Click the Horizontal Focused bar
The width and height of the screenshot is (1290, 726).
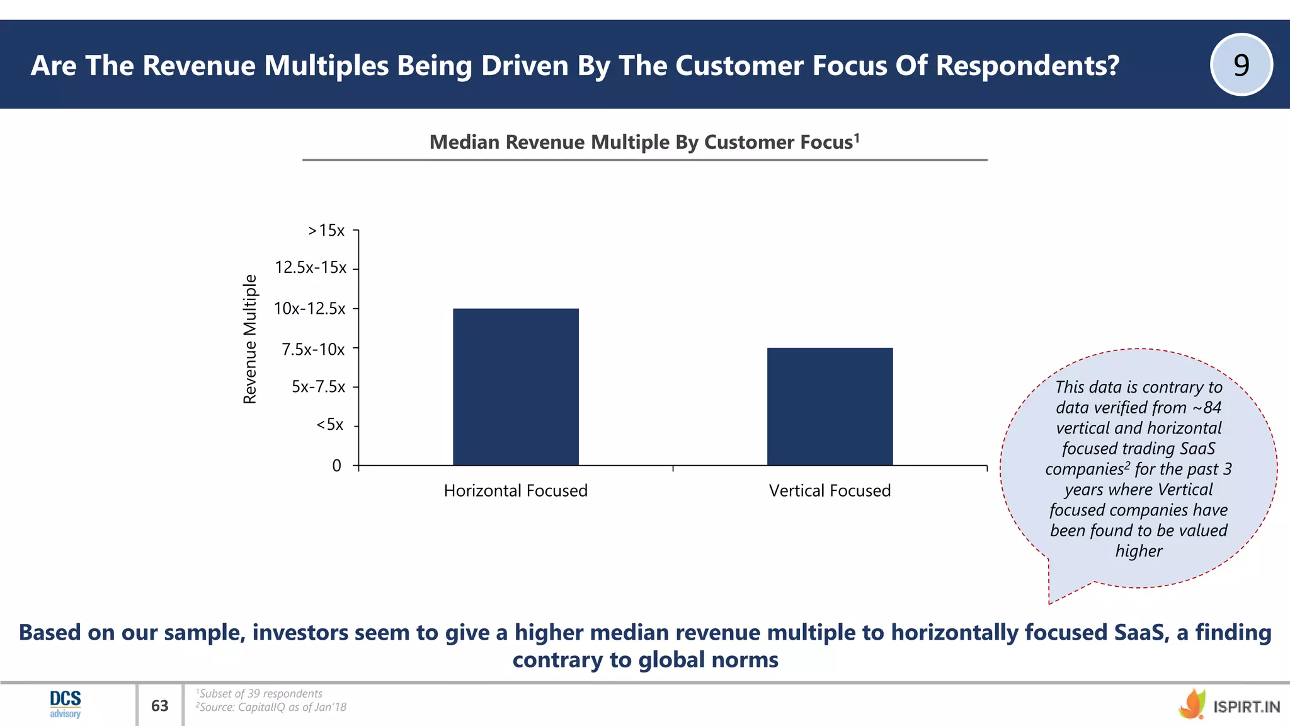tap(515, 387)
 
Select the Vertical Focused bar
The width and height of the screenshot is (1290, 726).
tap(830, 406)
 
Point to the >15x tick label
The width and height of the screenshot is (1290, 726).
tap(326, 231)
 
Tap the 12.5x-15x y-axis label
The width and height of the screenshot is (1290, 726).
tap(311, 268)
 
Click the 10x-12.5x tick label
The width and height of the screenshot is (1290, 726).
tap(310, 309)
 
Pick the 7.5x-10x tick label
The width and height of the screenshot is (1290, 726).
tap(313, 349)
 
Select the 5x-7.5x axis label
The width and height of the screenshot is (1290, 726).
tap(318, 387)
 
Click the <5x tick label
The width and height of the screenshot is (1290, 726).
tap(330, 425)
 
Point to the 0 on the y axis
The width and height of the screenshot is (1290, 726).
tap(336, 466)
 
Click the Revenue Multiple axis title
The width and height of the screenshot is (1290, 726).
tap(251, 339)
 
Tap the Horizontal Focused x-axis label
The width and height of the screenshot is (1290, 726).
tap(515, 491)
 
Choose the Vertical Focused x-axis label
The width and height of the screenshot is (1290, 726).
tap(830, 491)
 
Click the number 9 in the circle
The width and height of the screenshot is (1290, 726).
tap(1241, 65)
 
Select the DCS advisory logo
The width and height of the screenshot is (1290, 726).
tap(66, 705)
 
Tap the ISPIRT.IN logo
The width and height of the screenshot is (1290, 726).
tap(1229, 705)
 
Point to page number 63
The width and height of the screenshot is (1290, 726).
tap(160, 706)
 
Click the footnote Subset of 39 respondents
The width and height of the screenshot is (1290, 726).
tap(260, 694)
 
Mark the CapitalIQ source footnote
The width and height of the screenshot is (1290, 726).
tap(271, 707)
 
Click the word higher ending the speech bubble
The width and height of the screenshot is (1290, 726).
tap(1139, 551)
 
